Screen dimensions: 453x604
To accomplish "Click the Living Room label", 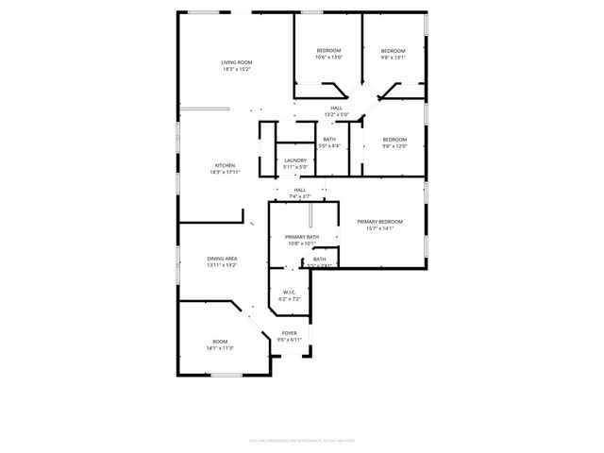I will pyautogui.click(x=237, y=62).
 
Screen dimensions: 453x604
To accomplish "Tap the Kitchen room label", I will pyautogui.click(x=225, y=165).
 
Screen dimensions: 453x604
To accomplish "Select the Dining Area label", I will pyautogui.click(x=222, y=258).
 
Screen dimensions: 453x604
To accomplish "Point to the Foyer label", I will pyautogui.click(x=290, y=333).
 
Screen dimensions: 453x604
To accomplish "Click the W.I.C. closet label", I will pyautogui.click(x=290, y=292).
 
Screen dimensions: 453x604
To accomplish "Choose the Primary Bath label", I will pyautogui.click(x=302, y=237).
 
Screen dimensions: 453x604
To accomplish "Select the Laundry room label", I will pyautogui.click(x=295, y=160).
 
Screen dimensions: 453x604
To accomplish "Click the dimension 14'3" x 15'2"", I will pyautogui.click(x=237, y=69).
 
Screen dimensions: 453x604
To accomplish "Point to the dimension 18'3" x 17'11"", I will pyautogui.click(x=225, y=172).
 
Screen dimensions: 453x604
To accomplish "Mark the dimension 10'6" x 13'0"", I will pyautogui.click(x=328, y=57).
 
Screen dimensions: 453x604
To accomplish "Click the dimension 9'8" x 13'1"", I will pyautogui.click(x=393, y=57).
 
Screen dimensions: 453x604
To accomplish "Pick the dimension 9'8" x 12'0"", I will pyautogui.click(x=394, y=146).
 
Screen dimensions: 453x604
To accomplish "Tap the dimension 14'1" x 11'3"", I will pyautogui.click(x=220, y=348).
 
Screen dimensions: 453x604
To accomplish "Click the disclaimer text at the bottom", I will pyautogui.click(x=302, y=439).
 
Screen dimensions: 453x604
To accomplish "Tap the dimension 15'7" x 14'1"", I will pyautogui.click(x=374, y=227).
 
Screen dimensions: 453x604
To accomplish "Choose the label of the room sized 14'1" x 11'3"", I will pyautogui.click(x=220, y=342).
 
